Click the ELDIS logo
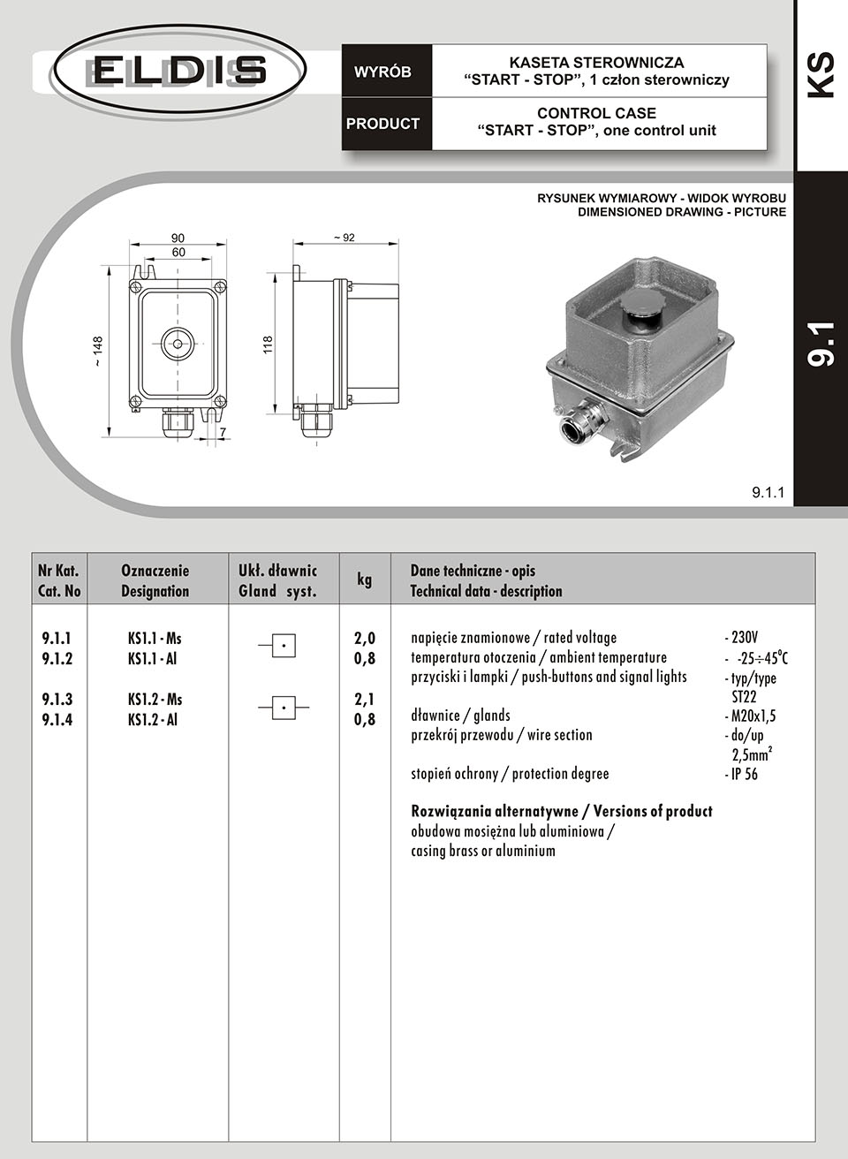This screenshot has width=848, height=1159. click(178, 70)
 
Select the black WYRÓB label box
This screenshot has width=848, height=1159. click(383, 72)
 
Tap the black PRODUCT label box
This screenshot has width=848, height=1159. click(383, 124)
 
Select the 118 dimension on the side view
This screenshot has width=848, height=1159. click(268, 345)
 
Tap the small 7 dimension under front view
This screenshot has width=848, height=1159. click(223, 432)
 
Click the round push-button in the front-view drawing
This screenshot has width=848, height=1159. click(178, 343)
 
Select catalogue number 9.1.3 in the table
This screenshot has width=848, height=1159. click(57, 700)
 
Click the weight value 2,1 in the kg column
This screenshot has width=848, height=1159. click(365, 700)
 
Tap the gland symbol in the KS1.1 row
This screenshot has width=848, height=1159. click(282, 646)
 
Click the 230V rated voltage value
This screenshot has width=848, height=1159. click(742, 638)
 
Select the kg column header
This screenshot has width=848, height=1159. click(365, 579)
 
